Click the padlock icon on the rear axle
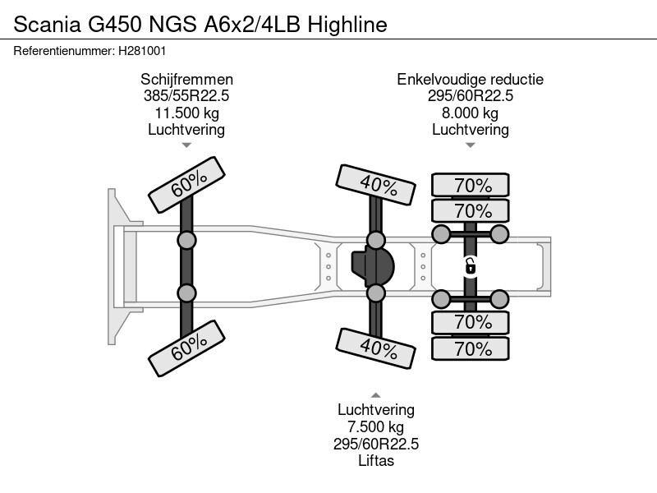point(471,265)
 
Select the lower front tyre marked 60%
point(186,349)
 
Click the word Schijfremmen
point(186,80)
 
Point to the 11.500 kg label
point(186,113)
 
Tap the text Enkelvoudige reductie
point(471,80)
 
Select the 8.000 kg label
point(471,113)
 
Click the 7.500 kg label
point(376,427)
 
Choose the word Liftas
point(376,460)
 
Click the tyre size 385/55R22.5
point(186,96)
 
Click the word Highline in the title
point(346,25)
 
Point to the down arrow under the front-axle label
point(186,145)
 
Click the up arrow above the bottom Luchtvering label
point(376,394)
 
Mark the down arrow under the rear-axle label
point(471,145)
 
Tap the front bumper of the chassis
point(116,266)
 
